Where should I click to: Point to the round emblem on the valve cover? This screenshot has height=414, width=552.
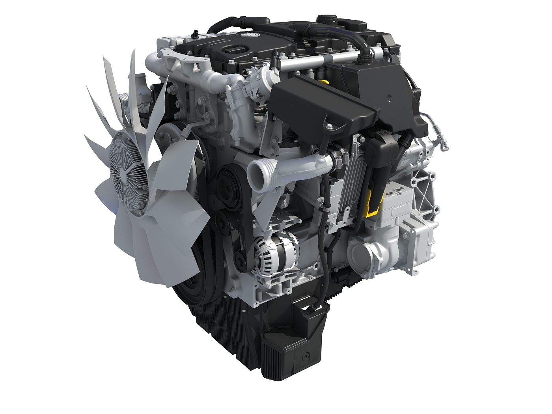click(x=248, y=36)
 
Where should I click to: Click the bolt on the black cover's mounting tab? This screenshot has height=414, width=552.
click(x=328, y=127)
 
